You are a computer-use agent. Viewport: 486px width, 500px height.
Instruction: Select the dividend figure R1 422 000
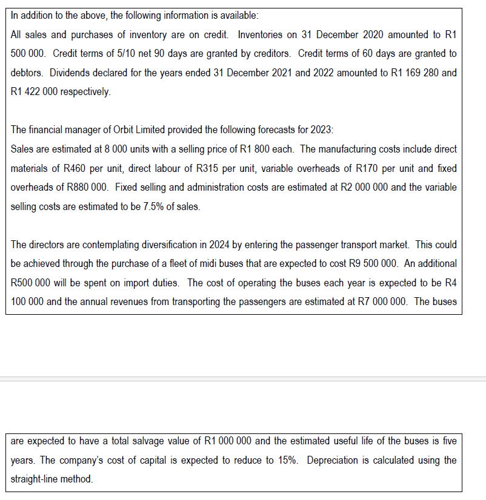(x=37, y=92)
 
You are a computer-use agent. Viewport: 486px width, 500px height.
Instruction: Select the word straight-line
(x=33, y=479)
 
